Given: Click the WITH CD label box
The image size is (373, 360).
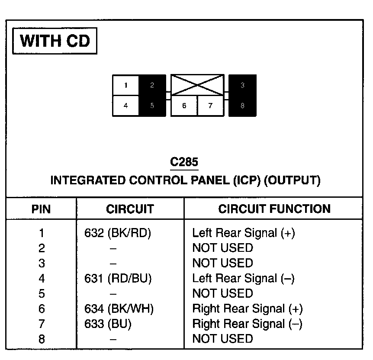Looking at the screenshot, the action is tap(55, 41).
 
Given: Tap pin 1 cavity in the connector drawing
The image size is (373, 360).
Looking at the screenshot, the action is tap(125, 85).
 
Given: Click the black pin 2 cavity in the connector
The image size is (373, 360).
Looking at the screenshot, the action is tap(152, 85).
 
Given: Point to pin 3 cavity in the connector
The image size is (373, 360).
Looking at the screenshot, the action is tap(242, 85).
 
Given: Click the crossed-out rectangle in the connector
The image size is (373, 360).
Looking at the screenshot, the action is tap(198, 85).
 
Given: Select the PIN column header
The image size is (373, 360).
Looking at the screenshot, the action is tap(41, 209).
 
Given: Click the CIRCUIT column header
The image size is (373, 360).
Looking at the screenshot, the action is tap(130, 209).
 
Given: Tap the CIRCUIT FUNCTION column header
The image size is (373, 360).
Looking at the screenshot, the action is tap(274, 209).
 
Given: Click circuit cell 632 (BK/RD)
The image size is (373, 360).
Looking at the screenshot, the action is tap(118, 233).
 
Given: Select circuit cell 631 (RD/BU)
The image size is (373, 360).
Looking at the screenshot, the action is tap(118, 279).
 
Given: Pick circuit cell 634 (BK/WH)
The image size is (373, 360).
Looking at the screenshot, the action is tap(119, 309).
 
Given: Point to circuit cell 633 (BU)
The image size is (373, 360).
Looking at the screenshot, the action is tap(108, 324).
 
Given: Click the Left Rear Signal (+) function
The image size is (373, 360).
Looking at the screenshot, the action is tap(243, 233).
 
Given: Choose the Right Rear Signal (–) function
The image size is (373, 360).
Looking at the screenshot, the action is tap(247, 324).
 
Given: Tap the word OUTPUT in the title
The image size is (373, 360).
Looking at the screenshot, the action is tap(291, 180).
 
